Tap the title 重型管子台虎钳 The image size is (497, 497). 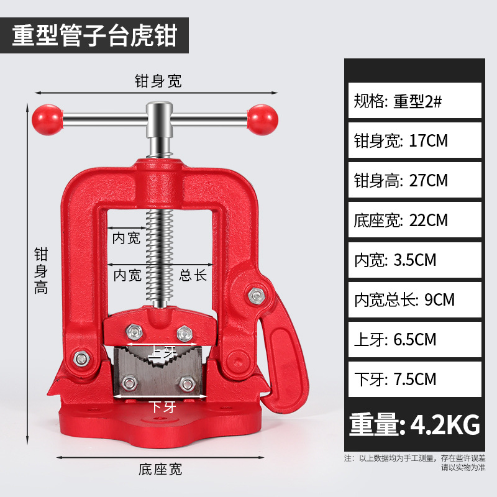pos(95,35)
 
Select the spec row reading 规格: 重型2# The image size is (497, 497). pos(414,101)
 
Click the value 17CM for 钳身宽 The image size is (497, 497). pos(429,140)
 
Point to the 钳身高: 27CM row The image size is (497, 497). pos(414,180)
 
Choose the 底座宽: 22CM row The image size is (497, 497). pos(414,220)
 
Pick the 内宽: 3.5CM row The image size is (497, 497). pos(414,260)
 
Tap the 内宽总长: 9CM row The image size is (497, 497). pos(414,299)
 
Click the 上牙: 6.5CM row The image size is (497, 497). pos(414,339)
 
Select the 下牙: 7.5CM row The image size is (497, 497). pos(414,379)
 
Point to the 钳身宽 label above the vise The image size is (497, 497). pos(158,81)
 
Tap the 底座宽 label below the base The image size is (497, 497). pos(158,470)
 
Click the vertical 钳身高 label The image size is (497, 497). pos(41,270)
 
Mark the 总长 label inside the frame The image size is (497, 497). pos(193,275)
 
